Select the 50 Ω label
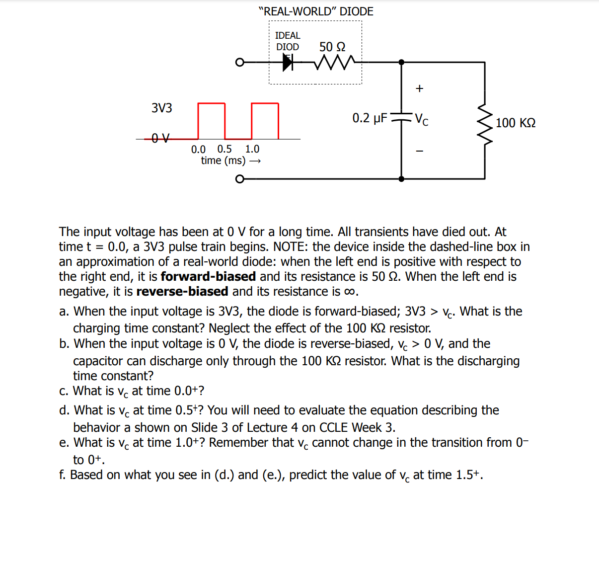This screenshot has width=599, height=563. (x=332, y=47)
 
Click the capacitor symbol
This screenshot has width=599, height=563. (x=401, y=119)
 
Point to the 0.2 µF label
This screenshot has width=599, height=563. (x=370, y=118)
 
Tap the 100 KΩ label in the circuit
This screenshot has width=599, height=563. (x=516, y=123)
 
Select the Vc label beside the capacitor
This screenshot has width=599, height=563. (x=422, y=119)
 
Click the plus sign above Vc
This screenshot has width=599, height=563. (x=420, y=88)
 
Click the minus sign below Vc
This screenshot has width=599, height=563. (x=420, y=151)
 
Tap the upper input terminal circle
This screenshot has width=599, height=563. (x=240, y=62)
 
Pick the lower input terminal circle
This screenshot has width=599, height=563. (x=240, y=179)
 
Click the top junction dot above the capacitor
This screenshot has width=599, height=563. (x=401, y=62)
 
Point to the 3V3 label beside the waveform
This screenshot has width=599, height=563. (x=162, y=108)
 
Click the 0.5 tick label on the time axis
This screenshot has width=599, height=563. (x=225, y=149)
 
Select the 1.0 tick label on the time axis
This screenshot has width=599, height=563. (x=252, y=149)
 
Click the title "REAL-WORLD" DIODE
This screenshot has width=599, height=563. (x=316, y=11)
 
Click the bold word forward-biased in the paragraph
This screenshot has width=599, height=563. (x=208, y=276)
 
